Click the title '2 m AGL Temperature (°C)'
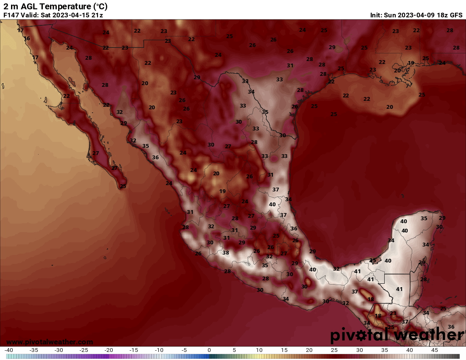point(55,6)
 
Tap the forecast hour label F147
point(11,15)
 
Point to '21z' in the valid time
point(97,15)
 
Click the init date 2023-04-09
point(415,15)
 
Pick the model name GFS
point(456,15)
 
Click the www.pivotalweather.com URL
point(50,342)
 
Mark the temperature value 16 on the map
point(27,39)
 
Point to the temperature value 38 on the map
point(226,252)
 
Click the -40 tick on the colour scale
point(9,350)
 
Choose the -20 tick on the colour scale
point(109,350)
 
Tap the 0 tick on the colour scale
point(209,350)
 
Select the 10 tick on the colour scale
point(259,350)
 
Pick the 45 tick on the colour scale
point(434,350)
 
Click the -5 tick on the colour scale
point(184,350)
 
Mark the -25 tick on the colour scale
point(84,350)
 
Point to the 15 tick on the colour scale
point(284,350)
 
